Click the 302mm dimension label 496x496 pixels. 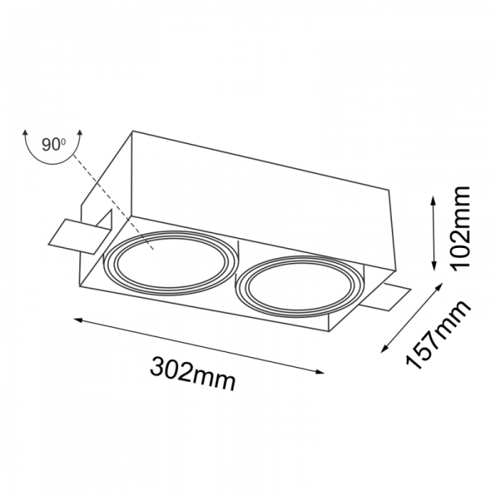pos(193,373)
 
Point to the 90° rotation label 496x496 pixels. pos(53,145)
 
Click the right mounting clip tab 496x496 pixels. pos(388,298)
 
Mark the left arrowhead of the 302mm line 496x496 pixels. pos(79,320)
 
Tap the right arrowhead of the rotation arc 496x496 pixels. pos(79,133)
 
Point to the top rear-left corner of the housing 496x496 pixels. pos(133,132)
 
